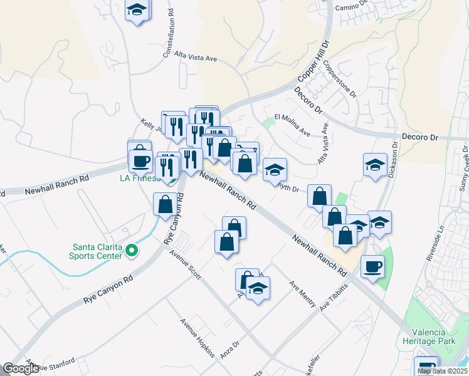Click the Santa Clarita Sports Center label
(x=97, y=251)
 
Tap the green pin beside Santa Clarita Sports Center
(x=131, y=251)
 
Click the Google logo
(x=21, y=368)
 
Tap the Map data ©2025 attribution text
(x=442, y=371)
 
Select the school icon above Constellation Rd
(x=137, y=11)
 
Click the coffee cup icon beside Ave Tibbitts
(x=373, y=267)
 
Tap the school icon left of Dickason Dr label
(x=375, y=165)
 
